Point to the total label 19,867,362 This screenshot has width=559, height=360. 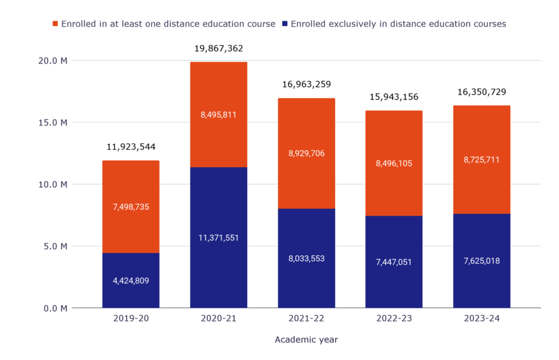218,49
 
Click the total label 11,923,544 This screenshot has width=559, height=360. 130,147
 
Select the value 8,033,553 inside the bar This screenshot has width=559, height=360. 306,258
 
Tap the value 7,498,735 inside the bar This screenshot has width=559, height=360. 130,206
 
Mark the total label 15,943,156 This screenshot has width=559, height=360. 394,97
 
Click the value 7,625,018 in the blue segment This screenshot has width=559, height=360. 481,261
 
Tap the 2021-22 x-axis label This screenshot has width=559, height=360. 306,318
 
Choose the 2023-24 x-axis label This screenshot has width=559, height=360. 481,318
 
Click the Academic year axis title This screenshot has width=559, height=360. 306,340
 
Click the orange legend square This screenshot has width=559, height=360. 55,24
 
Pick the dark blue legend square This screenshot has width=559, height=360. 285,24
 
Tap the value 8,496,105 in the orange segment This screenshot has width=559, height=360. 394,163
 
